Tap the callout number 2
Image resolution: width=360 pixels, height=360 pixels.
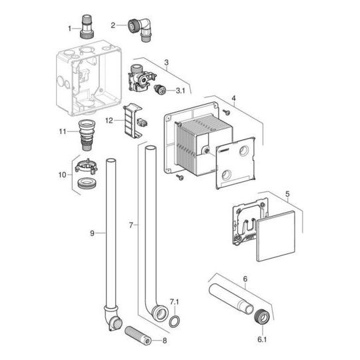pos(113,25)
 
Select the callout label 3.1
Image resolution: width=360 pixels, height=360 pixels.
pos(181,90)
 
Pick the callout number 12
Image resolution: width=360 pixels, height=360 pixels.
pos(110,121)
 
